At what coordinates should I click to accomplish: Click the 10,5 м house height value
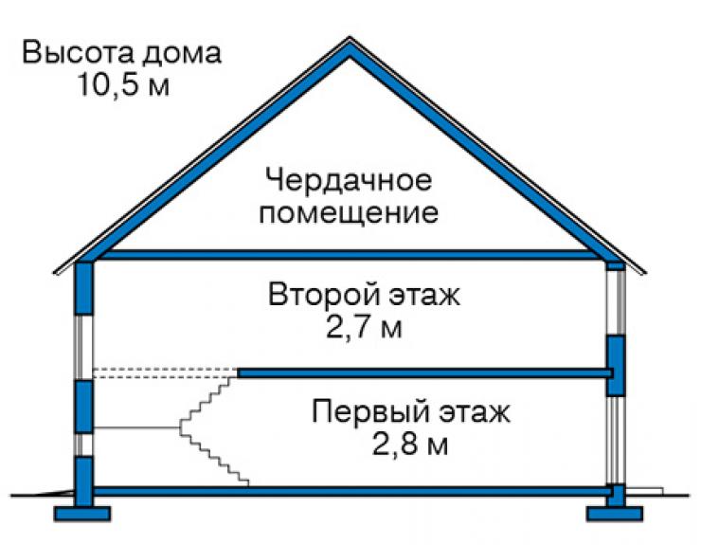click(x=123, y=84)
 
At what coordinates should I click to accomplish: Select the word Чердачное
click(x=349, y=181)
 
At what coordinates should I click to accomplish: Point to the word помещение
click(x=349, y=213)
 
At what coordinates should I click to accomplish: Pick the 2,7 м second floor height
click(x=364, y=328)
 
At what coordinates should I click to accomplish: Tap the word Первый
click(x=371, y=411)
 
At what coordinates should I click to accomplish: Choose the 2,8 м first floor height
click(x=409, y=445)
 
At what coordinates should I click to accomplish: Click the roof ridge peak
click(x=350, y=40)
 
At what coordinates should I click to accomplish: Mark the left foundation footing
click(x=82, y=514)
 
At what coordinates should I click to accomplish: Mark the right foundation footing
click(x=615, y=514)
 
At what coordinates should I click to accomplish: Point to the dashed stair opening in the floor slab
click(x=165, y=373)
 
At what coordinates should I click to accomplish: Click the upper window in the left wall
click(x=83, y=347)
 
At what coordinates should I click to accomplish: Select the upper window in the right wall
click(x=616, y=302)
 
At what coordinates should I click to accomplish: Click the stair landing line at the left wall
click(x=135, y=427)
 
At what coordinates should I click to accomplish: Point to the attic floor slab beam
click(x=350, y=255)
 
